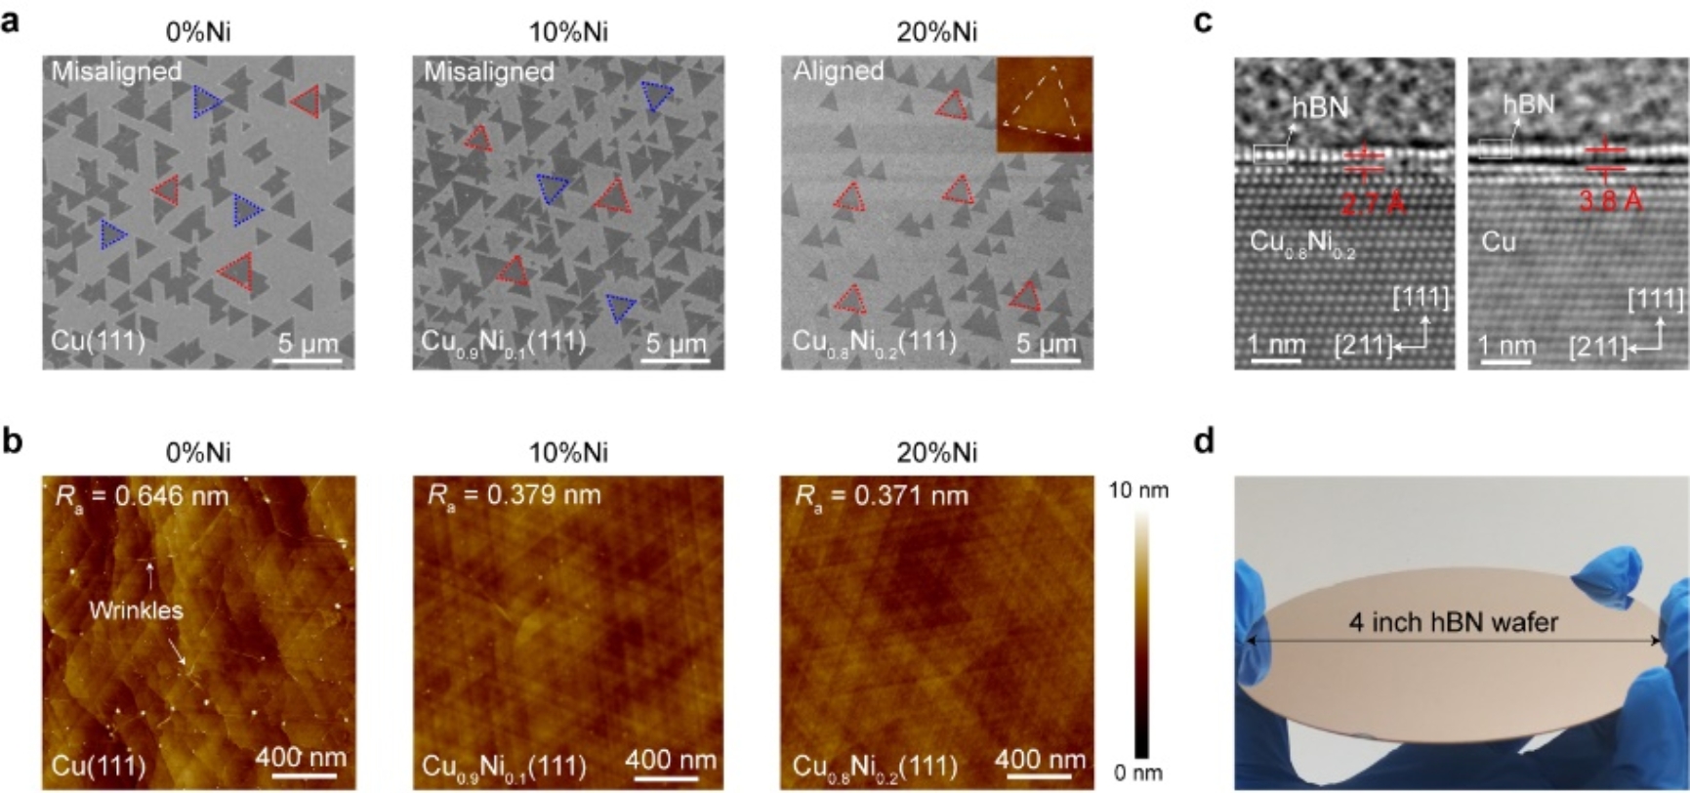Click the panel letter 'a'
(x=11, y=21)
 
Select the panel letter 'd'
(x=1205, y=441)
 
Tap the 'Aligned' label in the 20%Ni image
(x=839, y=70)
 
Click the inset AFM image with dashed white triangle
(x=1044, y=104)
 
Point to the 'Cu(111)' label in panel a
(x=98, y=341)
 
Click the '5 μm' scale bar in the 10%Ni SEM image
(x=675, y=348)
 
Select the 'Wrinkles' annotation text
(x=136, y=610)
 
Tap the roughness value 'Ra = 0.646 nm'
(x=142, y=496)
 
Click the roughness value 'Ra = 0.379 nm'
(x=515, y=496)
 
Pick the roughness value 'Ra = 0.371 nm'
(x=882, y=496)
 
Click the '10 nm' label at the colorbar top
(x=1139, y=490)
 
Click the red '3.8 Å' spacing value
(x=1612, y=202)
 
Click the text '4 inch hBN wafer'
(x=1454, y=621)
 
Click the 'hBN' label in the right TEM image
(x=1529, y=104)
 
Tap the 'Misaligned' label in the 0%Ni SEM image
(x=116, y=70)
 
